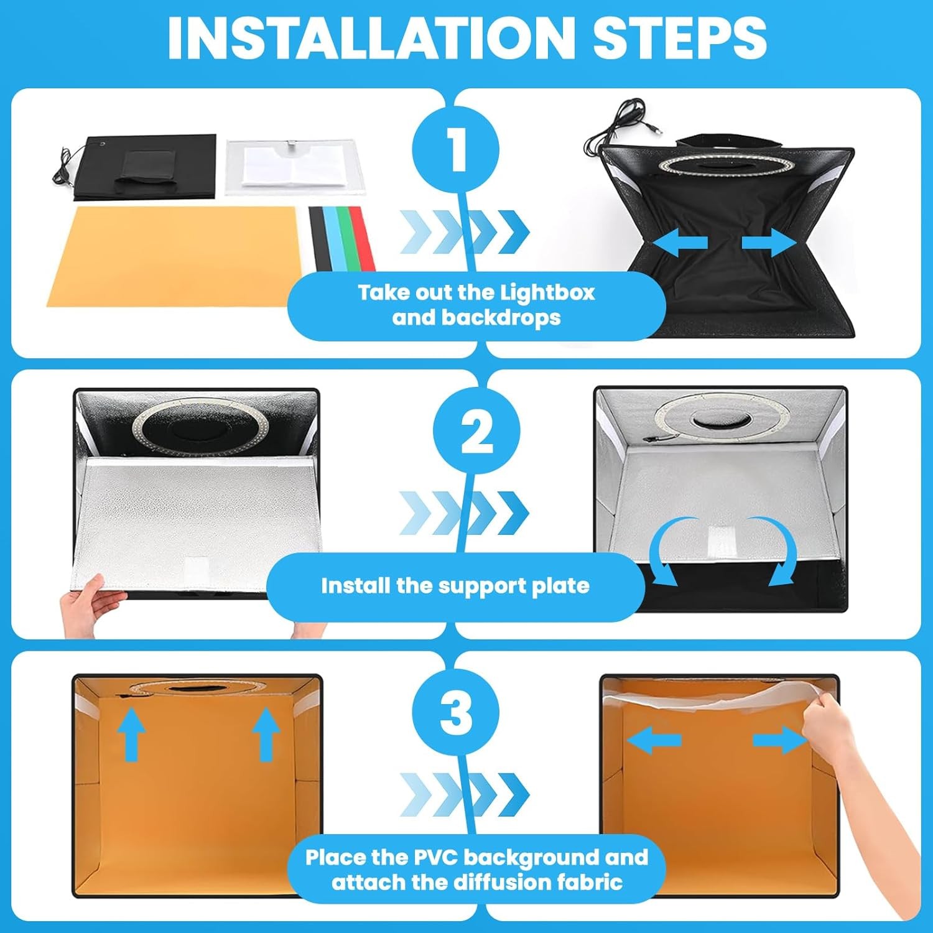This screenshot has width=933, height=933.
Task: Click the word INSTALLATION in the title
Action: coord(371,38)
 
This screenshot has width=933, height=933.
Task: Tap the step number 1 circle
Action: coord(456,149)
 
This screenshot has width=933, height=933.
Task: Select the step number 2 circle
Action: coord(476,430)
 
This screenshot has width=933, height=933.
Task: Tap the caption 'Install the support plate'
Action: coord(455,586)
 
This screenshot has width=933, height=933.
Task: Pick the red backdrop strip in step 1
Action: coord(363,238)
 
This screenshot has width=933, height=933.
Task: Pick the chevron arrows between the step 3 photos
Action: coord(464,794)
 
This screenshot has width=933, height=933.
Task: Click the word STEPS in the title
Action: coord(679,38)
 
